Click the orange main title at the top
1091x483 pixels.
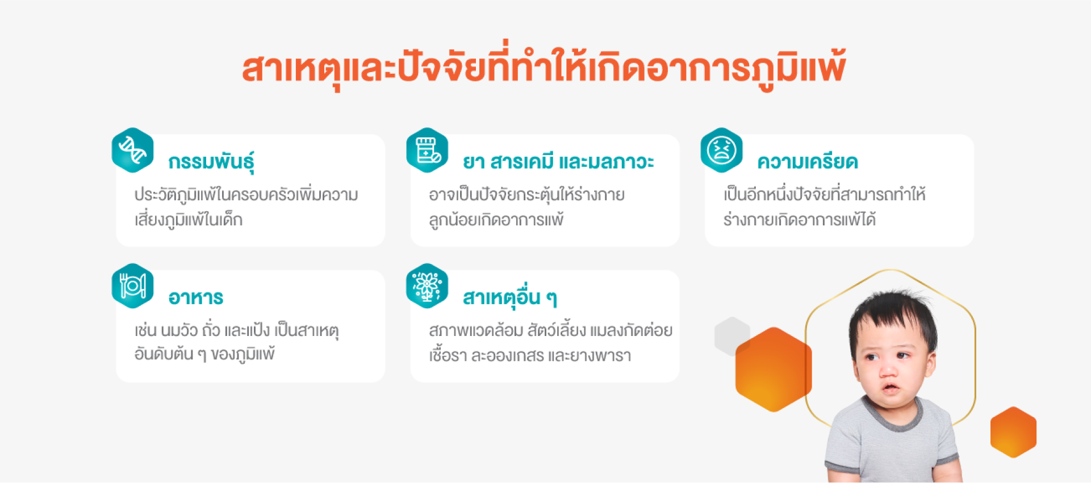tap(544, 66)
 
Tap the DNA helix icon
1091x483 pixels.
tap(133, 150)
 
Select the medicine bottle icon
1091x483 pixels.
tap(427, 150)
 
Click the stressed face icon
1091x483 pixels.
tap(721, 150)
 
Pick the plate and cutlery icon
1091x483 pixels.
tap(133, 285)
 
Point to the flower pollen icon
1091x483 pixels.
tap(427, 285)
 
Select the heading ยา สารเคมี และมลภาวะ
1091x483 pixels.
tap(558, 162)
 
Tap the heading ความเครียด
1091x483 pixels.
tap(807, 162)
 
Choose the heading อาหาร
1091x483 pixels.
tap(196, 297)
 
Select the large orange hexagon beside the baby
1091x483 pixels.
tap(774, 369)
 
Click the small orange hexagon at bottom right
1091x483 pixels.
tap(1013, 432)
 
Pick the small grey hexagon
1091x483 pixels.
tap(731, 335)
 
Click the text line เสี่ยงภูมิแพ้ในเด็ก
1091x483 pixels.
tap(189, 219)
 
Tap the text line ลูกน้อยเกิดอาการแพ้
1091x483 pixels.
tap(496, 219)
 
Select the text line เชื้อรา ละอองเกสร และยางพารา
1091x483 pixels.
tap(530, 355)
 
